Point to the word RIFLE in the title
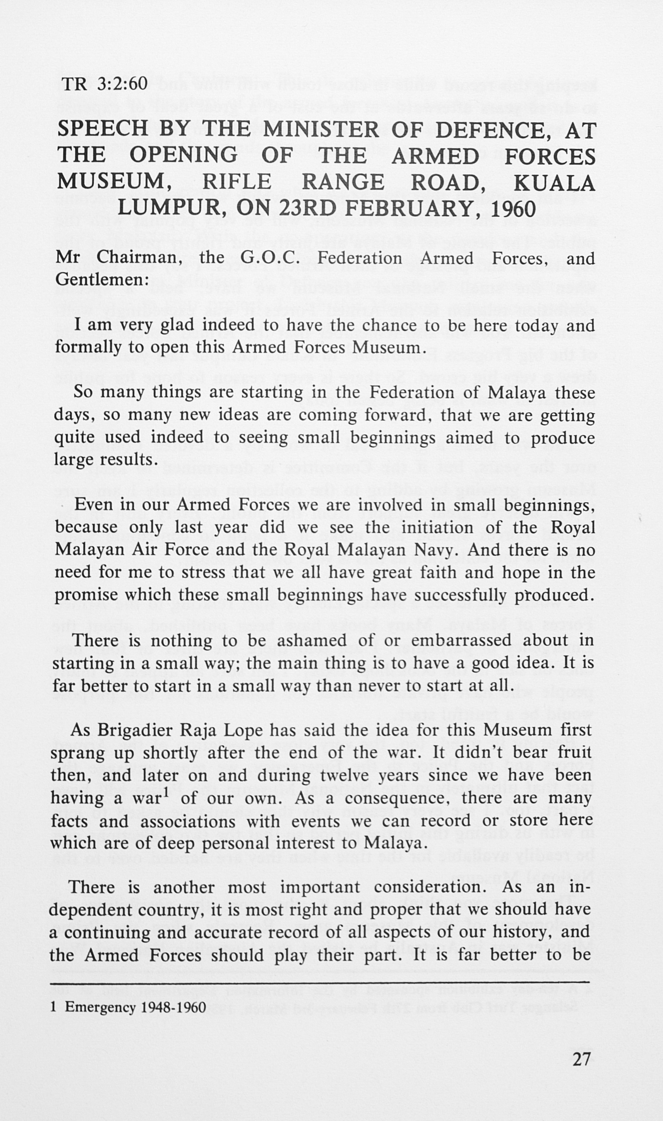point(237,182)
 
